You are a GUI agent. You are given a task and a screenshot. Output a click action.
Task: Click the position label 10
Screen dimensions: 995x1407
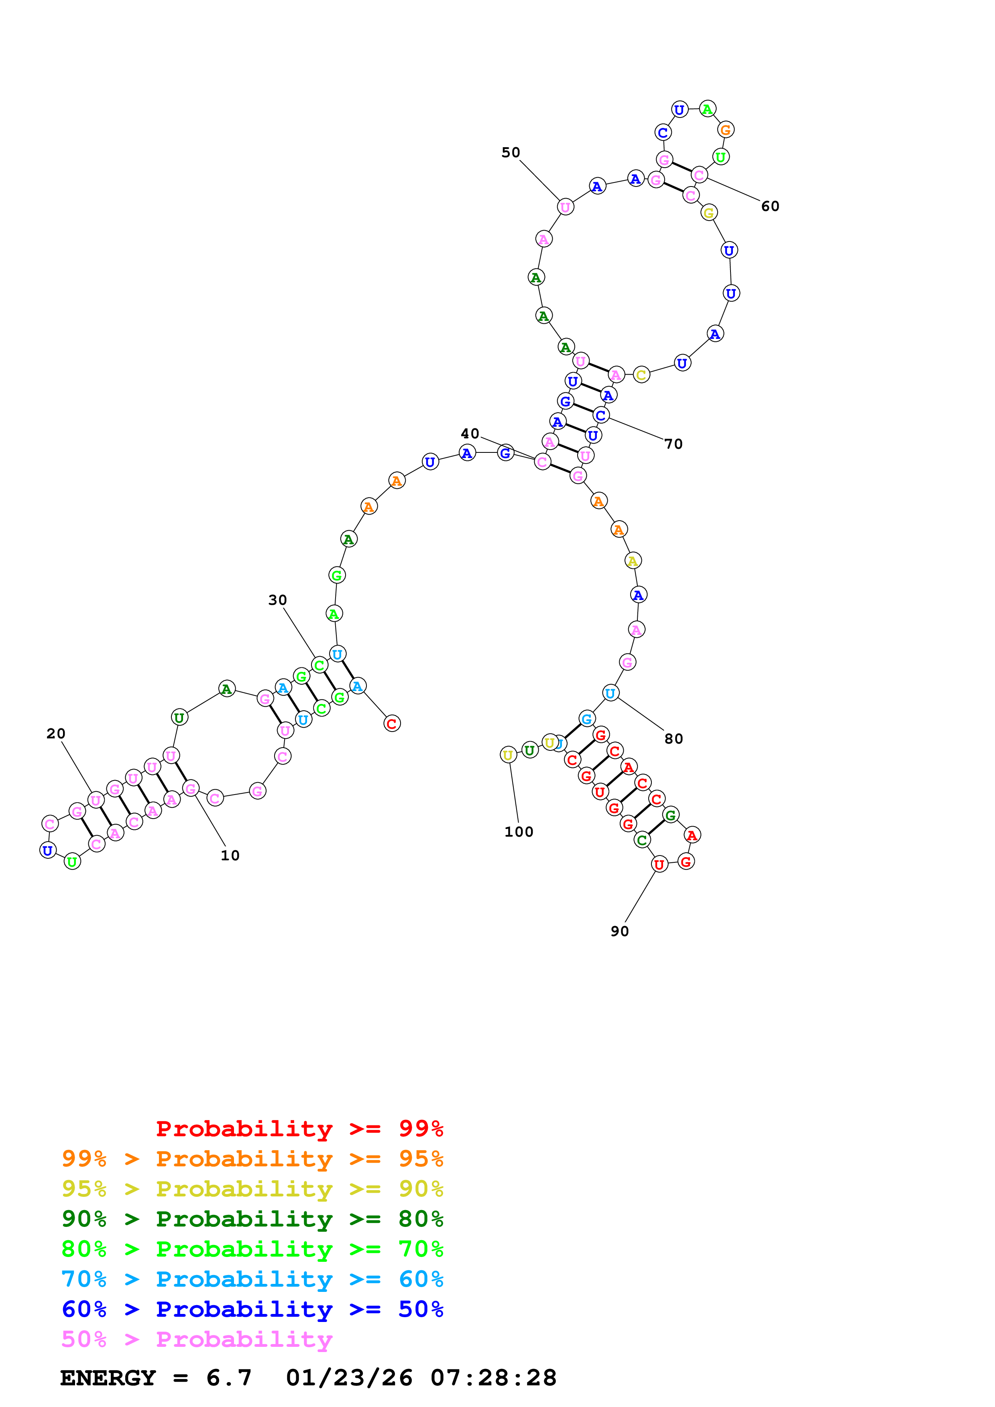[230, 856]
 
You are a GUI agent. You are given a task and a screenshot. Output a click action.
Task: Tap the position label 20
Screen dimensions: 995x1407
[56, 734]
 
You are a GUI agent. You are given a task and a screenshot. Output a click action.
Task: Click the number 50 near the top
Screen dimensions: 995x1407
[511, 152]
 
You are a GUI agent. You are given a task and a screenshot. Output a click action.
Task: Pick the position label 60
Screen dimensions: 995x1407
[770, 207]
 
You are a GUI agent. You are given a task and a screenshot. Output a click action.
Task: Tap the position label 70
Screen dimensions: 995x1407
[673, 444]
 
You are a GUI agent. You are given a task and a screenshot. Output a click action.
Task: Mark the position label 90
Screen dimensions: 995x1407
[619, 931]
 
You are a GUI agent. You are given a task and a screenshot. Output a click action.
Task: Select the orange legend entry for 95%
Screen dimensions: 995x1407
[252, 1158]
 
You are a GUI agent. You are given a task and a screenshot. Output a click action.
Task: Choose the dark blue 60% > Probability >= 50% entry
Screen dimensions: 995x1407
[252, 1309]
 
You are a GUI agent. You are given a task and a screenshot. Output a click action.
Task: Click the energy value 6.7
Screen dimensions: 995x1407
[229, 1378]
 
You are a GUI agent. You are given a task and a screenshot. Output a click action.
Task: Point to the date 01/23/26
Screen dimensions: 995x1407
[349, 1378]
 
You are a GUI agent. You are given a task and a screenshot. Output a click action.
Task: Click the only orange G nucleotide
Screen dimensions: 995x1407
[725, 130]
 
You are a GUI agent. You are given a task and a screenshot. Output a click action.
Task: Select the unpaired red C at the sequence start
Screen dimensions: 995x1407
[392, 724]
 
